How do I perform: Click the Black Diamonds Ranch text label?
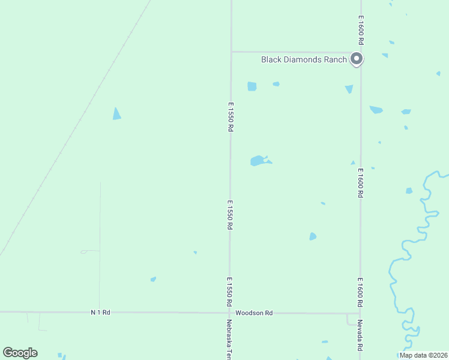coord(304,59)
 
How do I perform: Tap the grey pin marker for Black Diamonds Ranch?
coord(357,59)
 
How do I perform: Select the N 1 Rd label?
coord(101,313)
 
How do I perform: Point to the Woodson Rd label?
coord(254,313)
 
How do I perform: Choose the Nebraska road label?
coord(229,340)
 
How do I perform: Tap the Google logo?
coord(20,353)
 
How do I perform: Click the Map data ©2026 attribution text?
coord(423,355)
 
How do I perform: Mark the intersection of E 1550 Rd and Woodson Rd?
coord(229,313)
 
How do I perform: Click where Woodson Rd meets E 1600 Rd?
coord(360,313)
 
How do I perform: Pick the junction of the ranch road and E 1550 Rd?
coord(231,52)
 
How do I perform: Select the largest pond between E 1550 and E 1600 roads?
coord(259,161)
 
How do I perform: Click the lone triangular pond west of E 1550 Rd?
coord(116,114)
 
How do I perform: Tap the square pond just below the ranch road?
coord(252,86)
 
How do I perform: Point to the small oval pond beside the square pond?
coord(276,84)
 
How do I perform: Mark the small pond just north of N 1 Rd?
coord(154,279)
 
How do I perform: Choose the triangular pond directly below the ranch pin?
coord(349,89)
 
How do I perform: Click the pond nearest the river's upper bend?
coord(409,191)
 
